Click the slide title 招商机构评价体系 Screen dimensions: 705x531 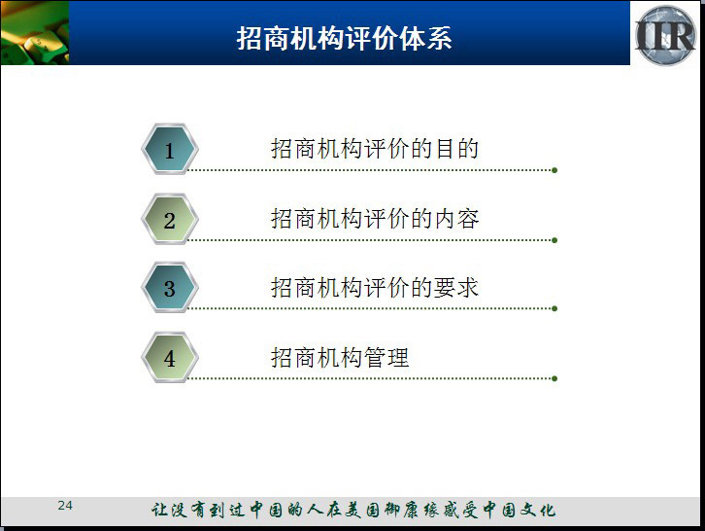pyautogui.click(x=344, y=38)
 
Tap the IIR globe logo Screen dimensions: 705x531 pyautogui.click(x=665, y=35)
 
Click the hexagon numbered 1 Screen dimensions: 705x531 pyautogui.click(x=170, y=149)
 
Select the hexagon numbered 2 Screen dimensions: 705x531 pyautogui.click(x=170, y=220)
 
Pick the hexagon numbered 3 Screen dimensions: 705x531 pyautogui.click(x=170, y=288)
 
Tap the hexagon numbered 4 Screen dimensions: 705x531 pyautogui.click(x=170, y=358)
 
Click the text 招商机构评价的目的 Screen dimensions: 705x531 pyautogui.click(x=375, y=149)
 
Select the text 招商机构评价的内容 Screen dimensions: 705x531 pyautogui.click(x=375, y=219)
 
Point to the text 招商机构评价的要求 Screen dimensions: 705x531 pyautogui.click(x=375, y=287)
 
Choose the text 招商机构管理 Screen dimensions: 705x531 pyautogui.click(x=340, y=358)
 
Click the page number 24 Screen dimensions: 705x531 pyautogui.click(x=65, y=506)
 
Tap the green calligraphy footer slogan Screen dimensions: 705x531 pyautogui.click(x=353, y=510)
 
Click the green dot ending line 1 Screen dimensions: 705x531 pyautogui.click(x=554, y=170)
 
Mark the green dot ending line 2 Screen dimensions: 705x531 pyautogui.click(x=554, y=240)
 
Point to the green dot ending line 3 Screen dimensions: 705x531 pyautogui.click(x=554, y=308)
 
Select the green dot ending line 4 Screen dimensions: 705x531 pyautogui.click(x=554, y=378)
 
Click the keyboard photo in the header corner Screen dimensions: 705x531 pyautogui.click(x=35, y=32)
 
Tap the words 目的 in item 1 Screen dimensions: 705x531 pyautogui.click(x=456, y=149)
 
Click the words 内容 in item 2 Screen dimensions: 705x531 pyautogui.click(x=456, y=219)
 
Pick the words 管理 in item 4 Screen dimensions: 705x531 pyautogui.click(x=386, y=358)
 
